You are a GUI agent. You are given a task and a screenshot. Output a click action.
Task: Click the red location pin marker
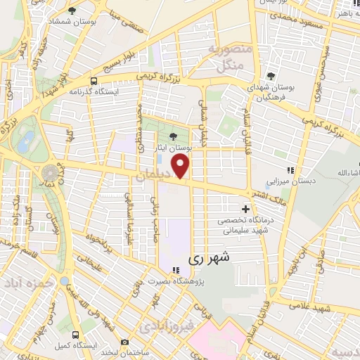(181, 167)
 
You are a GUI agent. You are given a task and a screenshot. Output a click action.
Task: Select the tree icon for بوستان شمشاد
(72, 11)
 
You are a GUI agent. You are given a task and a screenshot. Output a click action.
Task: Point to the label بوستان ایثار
(170, 149)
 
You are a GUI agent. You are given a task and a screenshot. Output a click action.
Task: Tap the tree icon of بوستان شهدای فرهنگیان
(271, 76)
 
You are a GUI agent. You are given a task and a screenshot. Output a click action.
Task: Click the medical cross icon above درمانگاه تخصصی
(245, 209)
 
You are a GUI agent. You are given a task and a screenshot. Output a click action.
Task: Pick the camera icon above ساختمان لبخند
(124, 342)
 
